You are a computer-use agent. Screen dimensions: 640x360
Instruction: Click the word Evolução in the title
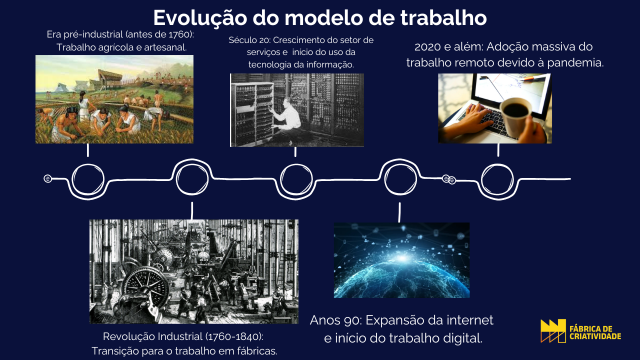tap(200, 18)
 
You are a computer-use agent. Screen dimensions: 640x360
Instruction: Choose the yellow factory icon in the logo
tap(553, 331)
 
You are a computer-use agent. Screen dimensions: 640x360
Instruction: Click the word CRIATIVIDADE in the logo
tap(595, 336)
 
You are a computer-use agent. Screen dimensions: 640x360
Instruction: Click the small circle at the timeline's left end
tap(47, 179)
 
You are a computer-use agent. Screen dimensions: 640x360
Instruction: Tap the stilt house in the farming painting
tap(110, 78)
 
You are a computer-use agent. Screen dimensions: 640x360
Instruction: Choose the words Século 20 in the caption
tap(249, 41)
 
